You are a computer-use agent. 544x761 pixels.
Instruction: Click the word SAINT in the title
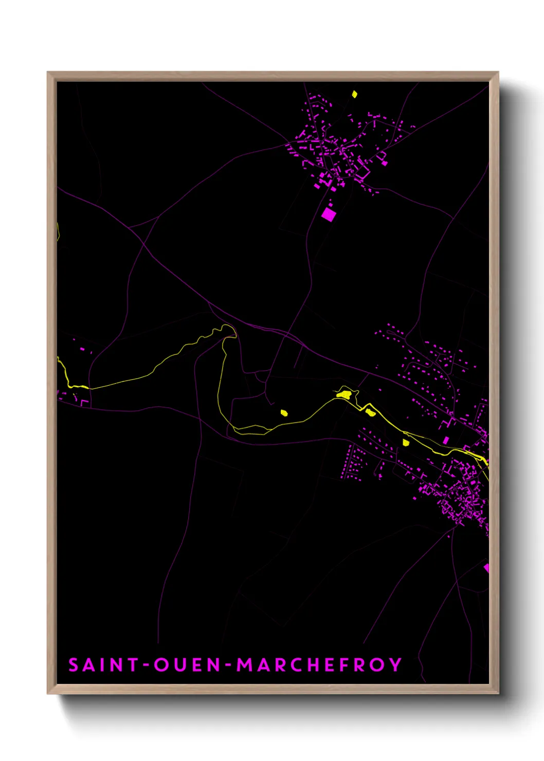pyautogui.click(x=103, y=665)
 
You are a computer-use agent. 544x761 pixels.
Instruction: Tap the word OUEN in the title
pyautogui.click(x=187, y=665)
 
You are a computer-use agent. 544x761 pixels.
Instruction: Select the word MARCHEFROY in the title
pyautogui.click(x=318, y=665)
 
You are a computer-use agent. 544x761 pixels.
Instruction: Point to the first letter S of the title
pyautogui.click(x=74, y=665)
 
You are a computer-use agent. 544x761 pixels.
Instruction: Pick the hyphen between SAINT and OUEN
pyautogui.click(x=146, y=665)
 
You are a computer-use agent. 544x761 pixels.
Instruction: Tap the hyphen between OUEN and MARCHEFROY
pyautogui.click(x=228, y=665)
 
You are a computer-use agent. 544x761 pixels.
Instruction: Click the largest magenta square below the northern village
pyautogui.click(x=328, y=214)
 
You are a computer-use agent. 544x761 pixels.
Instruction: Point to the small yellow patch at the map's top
pyautogui.click(x=354, y=94)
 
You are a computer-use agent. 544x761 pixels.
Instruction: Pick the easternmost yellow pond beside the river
pyautogui.click(x=406, y=442)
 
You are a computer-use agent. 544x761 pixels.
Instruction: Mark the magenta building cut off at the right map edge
pyautogui.click(x=486, y=568)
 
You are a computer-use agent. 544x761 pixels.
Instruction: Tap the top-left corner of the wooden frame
pyautogui.click(x=48, y=73)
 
